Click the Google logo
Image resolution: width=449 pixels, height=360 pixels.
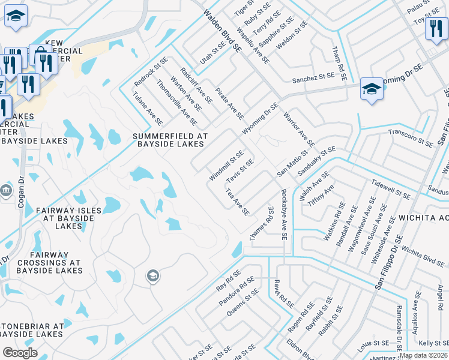point(20,353)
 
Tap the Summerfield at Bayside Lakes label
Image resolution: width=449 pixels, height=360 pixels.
point(170,140)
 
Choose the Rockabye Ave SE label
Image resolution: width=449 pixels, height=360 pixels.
point(284,214)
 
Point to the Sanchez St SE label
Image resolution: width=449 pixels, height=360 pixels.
point(312,77)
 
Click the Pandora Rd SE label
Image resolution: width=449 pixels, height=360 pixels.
point(239,290)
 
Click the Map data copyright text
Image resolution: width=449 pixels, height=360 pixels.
point(424,355)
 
